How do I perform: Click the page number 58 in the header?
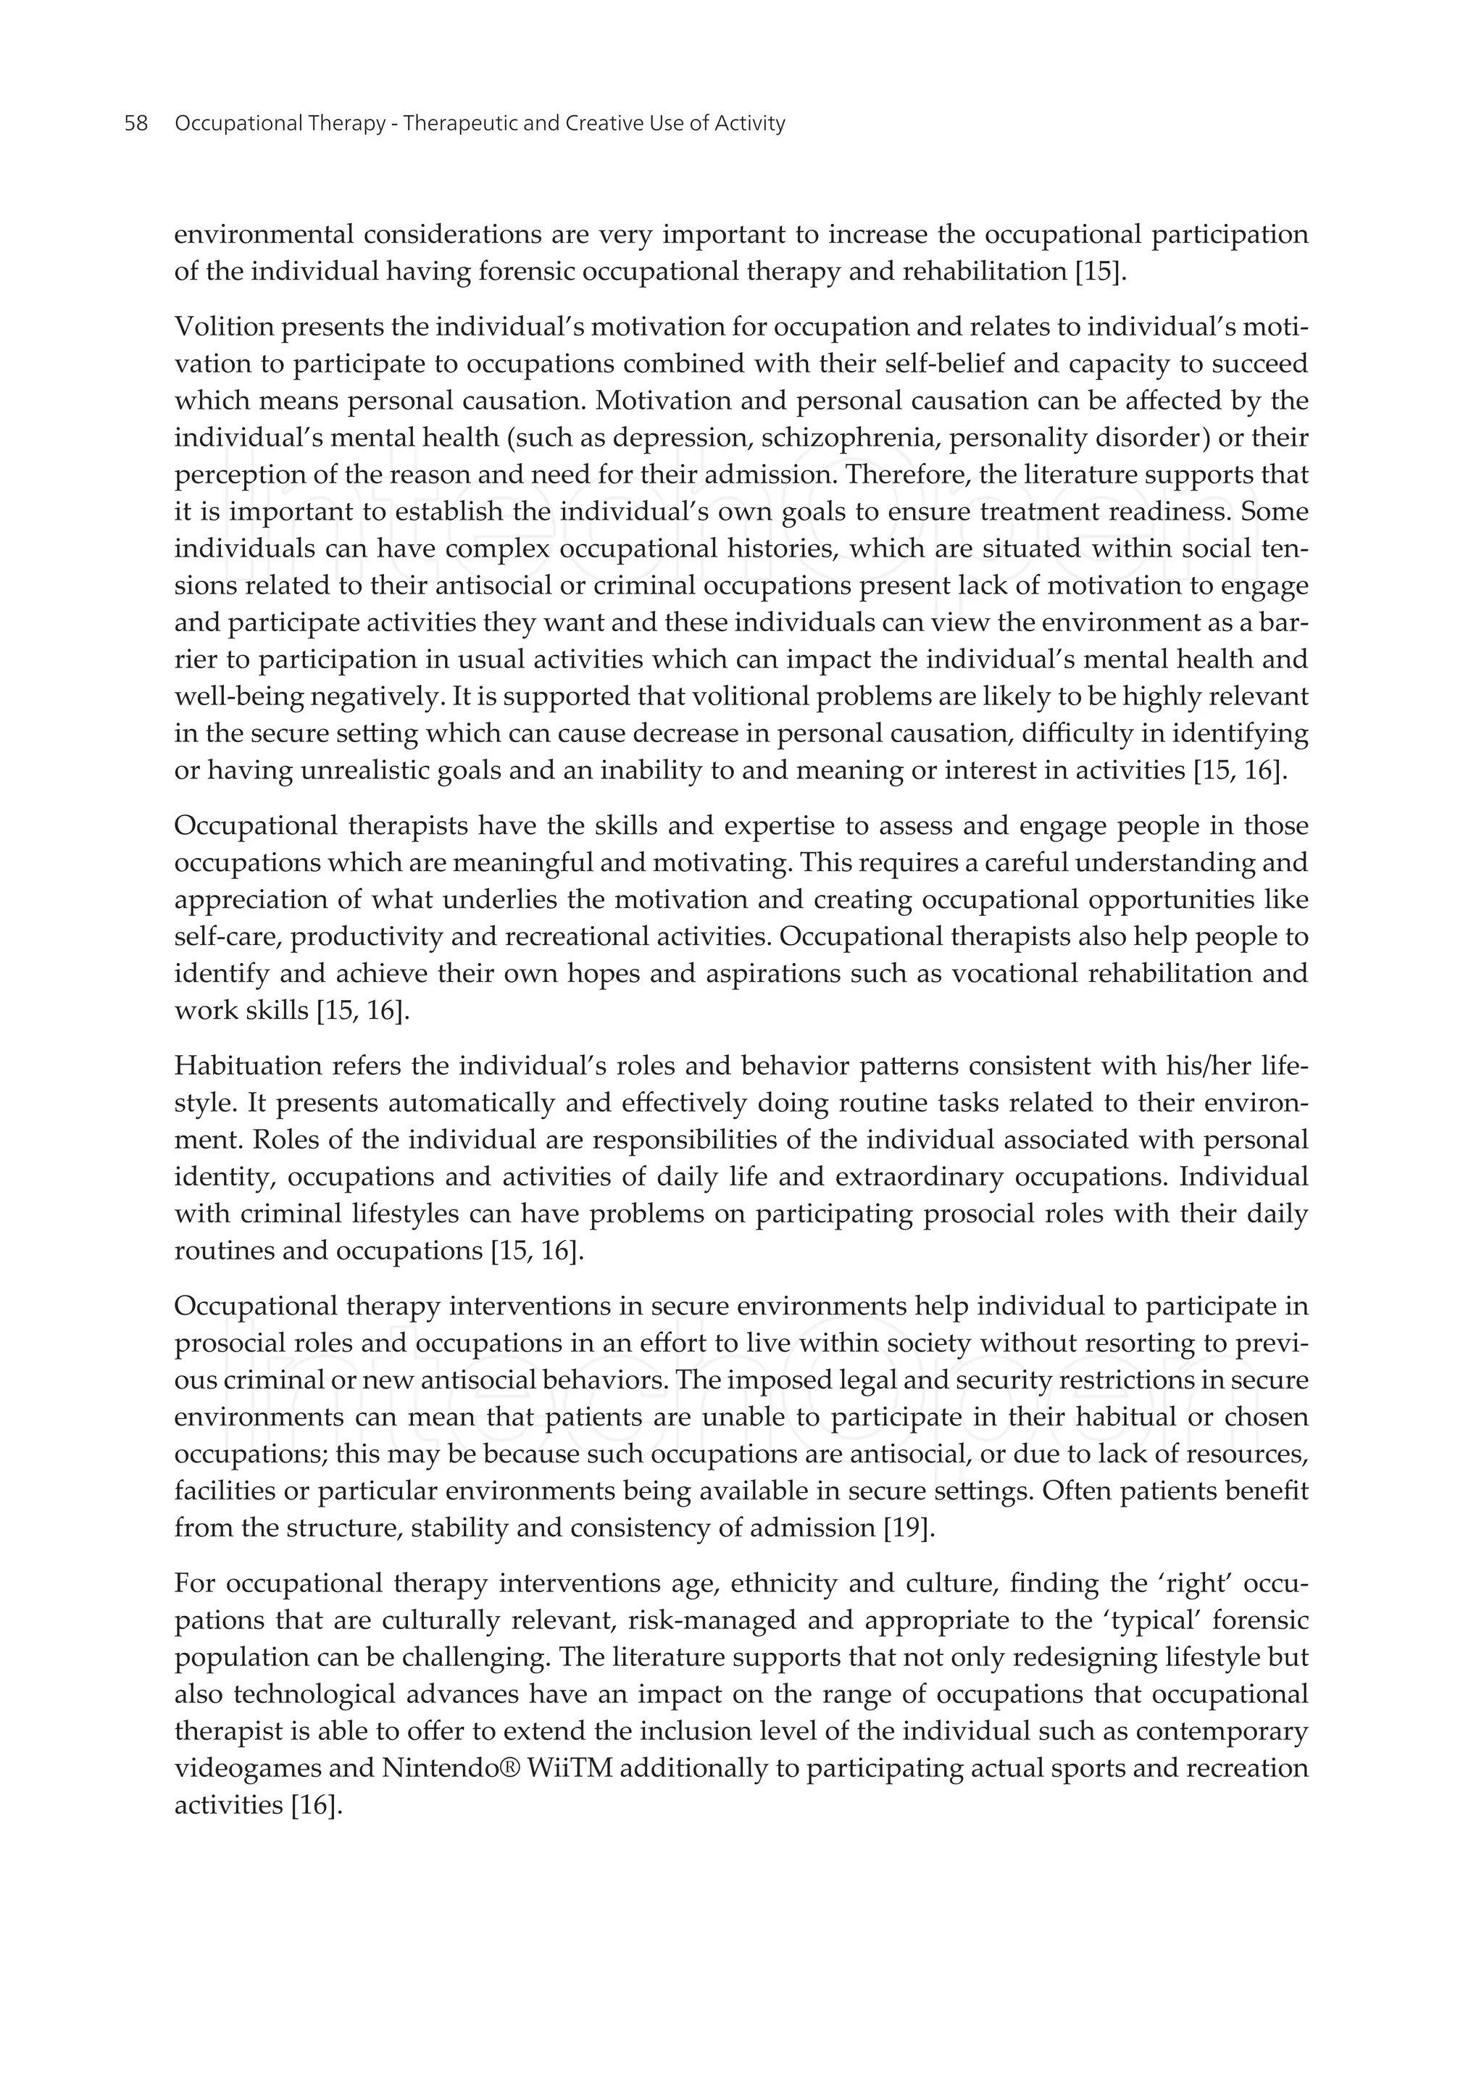(136, 124)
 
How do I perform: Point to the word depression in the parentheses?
(679, 438)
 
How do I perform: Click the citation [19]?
(909, 1528)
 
